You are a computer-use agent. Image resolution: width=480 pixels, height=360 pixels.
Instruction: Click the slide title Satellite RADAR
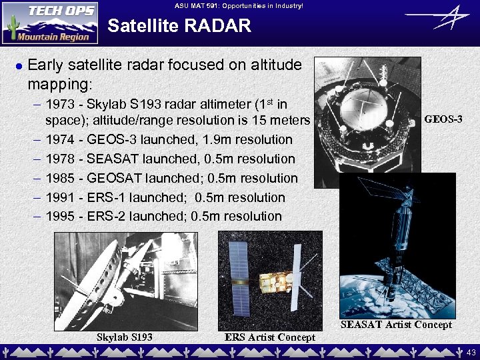pyautogui.click(x=179, y=26)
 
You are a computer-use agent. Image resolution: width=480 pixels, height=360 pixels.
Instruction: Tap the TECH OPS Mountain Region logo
pyautogui.click(x=49, y=23)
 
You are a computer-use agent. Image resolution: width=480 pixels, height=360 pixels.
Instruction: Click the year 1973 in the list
pyautogui.click(x=59, y=105)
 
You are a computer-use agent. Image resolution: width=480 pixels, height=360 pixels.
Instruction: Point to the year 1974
pyautogui.click(x=59, y=140)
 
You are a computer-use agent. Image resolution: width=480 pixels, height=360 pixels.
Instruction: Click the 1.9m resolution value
pyautogui.click(x=221, y=140)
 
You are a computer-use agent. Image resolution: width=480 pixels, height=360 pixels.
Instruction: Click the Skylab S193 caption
pyautogui.click(x=125, y=337)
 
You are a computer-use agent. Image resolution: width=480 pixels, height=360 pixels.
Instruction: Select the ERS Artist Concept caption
pyautogui.click(x=270, y=337)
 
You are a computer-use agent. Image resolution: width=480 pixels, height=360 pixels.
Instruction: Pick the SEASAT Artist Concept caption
pyautogui.click(x=396, y=325)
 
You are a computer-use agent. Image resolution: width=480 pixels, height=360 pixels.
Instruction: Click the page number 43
pyautogui.click(x=471, y=351)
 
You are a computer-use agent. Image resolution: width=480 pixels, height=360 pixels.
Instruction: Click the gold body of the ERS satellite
pyautogui.click(x=273, y=280)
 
